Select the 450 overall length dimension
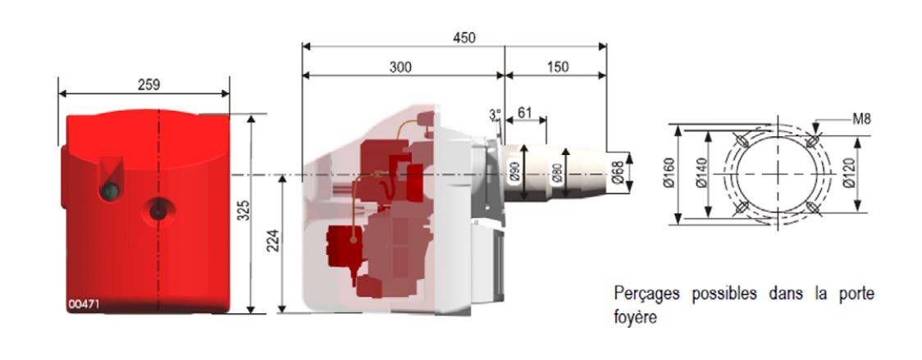tap(464, 39)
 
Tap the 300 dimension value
tap(400, 67)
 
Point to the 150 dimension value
tap(558, 67)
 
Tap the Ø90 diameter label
tap(514, 171)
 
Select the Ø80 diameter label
tap(556, 171)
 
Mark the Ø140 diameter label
tap(701, 175)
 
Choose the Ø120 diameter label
tap(848, 175)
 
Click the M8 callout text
tap(861, 120)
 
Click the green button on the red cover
tap(110, 190)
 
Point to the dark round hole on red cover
tap(157, 210)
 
